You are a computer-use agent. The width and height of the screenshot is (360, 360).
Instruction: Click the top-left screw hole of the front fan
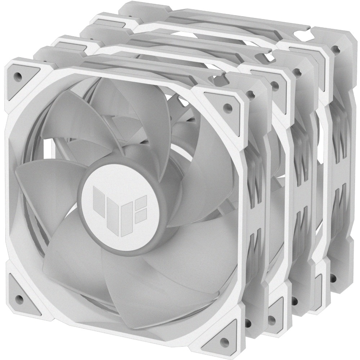[17, 76]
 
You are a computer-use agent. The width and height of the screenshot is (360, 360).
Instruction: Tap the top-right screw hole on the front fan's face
[226, 106]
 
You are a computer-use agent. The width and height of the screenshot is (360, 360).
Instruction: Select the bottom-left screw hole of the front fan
[19, 297]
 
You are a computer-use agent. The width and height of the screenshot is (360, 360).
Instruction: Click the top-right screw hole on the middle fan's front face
[275, 85]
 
